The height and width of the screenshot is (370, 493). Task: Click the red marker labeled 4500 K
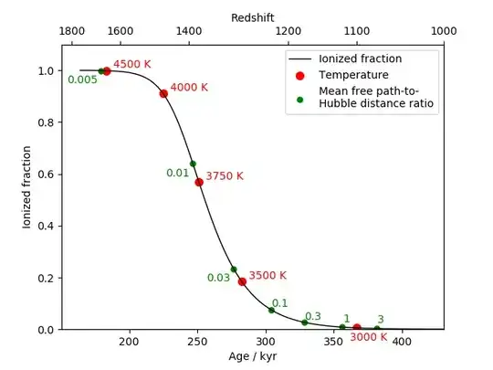coord(107,71)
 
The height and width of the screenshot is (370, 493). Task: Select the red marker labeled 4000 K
coord(163,93)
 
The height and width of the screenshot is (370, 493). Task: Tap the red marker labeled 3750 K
coord(199,182)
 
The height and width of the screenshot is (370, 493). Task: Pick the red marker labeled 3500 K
coord(242,281)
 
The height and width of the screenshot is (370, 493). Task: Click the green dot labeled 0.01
coord(193,164)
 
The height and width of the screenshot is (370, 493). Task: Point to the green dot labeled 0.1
coord(271,310)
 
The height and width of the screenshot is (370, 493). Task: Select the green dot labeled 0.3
coord(305,322)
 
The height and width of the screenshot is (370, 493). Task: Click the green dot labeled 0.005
coord(100,71)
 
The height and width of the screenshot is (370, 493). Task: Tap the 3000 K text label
coord(369,337)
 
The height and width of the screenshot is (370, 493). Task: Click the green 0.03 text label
coord(218,278)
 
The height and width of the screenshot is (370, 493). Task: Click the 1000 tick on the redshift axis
coord(444,30)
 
